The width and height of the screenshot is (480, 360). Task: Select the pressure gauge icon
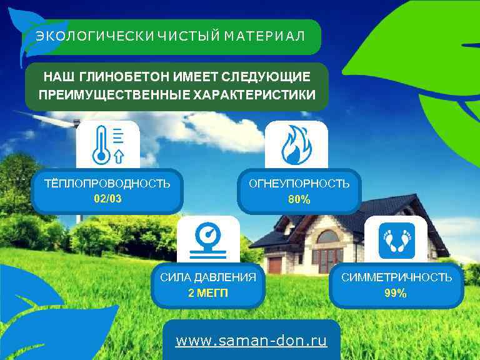[208, 240]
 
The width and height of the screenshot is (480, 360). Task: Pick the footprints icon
[397, 240]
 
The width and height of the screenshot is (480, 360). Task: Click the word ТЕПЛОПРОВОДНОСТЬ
[107, 183]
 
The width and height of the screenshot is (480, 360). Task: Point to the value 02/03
[107, 199]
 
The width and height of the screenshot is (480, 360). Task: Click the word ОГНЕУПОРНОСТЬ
[299, 184]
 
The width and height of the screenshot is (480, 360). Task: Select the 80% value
[299, 200]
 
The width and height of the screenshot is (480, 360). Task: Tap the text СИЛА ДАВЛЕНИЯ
[208, 277]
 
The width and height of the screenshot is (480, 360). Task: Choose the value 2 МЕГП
[208, 292]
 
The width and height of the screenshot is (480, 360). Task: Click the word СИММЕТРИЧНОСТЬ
[396, 277]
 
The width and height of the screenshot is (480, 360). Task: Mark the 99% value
[396, 293]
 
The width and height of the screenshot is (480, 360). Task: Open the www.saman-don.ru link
[251, 341]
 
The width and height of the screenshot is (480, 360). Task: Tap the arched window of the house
[327, 237]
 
